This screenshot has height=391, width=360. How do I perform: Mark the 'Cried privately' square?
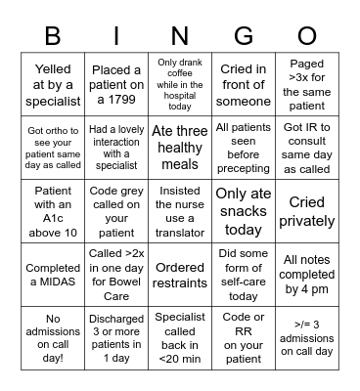coord(306,209)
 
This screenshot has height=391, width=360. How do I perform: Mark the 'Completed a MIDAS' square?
coord(53,274)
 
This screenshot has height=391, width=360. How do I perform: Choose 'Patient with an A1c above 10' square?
coord(53,209)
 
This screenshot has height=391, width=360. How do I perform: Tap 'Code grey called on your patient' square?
coord(116,209)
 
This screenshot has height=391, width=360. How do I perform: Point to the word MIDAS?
coord(53,282)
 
